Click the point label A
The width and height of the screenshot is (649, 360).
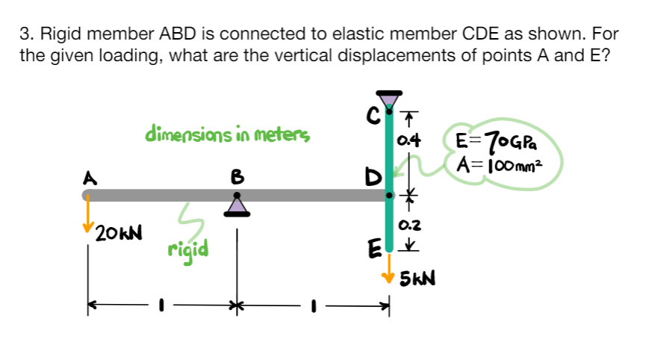tap(90, 179)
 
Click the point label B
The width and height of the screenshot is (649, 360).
tap(237, 179)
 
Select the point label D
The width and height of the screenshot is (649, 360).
tap(372, 179)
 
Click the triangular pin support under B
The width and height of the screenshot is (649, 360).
tap(237, 207)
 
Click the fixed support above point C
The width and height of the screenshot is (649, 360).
tap(388, 99)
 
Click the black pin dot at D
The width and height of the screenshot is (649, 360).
tap(388, 196)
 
